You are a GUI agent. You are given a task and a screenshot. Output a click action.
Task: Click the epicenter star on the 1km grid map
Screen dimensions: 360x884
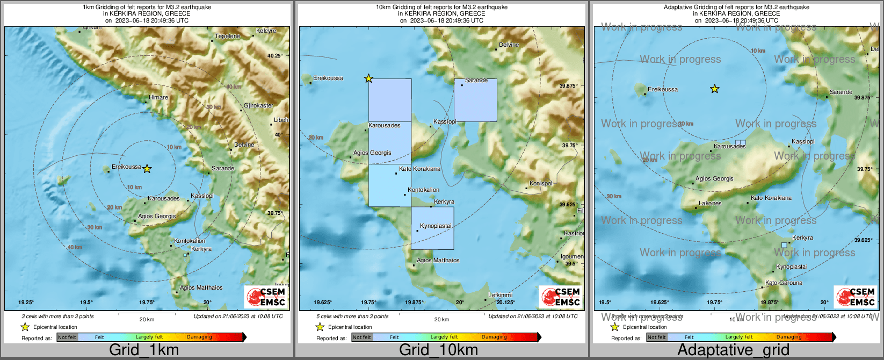click(147, 169)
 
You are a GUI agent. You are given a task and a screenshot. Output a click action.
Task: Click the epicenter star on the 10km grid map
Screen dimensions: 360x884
click(368, 78)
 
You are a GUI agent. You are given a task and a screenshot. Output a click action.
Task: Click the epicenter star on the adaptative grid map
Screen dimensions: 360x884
click(714, 89)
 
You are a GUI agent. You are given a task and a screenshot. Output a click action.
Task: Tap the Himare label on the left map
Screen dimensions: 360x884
click(158, 97)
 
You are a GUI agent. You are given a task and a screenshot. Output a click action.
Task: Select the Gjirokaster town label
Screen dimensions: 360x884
click(258, 106)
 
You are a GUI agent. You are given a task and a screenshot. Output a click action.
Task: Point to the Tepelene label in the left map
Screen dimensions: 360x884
click(228, 36)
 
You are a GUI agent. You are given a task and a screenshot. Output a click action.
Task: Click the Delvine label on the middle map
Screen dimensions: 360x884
click(509, 45)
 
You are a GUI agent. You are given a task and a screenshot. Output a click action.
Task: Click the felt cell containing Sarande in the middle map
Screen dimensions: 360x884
click(475, 100)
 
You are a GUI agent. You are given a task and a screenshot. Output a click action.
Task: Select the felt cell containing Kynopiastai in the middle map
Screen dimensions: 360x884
click(432, 228)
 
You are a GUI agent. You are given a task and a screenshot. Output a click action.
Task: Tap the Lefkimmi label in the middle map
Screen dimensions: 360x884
click(500, 295)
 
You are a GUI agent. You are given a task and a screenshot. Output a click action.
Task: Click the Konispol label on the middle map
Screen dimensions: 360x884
click(541, 183)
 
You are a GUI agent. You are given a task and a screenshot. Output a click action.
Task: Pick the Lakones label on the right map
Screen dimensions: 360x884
click(710, 203)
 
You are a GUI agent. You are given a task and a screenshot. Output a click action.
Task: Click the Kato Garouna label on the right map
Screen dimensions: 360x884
click(784, 283)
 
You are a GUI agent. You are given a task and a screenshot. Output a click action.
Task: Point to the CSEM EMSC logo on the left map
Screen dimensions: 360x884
click(265, 297)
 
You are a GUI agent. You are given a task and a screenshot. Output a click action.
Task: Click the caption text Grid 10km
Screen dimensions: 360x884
click(438, 350)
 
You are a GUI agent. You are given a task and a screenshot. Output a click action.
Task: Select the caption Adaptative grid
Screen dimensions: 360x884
click(733, 350)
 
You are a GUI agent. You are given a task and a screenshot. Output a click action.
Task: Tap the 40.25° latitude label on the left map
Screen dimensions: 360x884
click(274, 55)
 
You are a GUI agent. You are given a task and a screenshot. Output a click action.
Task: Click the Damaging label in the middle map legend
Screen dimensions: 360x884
click(494, 337)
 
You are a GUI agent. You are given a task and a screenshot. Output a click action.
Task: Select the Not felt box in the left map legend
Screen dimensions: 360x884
click(67, 337)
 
